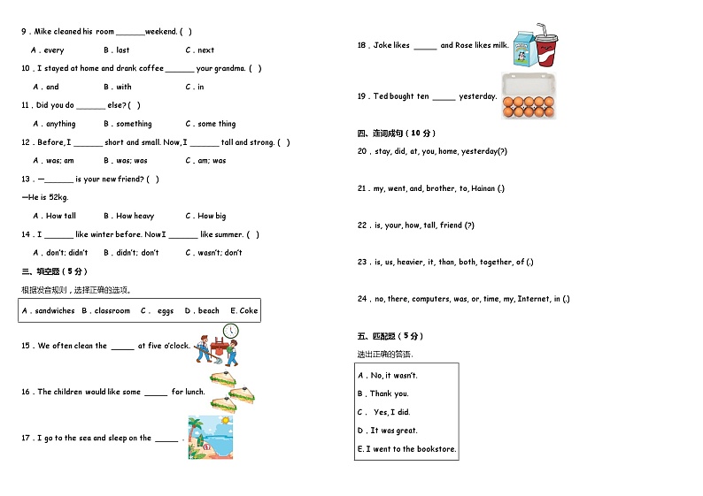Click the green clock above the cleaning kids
point(230,331)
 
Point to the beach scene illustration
point(210,437)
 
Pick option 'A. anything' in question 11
point(55,124)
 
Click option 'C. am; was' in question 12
point(205,161)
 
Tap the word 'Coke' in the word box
point(249,311)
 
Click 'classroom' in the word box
point(112,311)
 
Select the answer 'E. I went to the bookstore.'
point(406,449)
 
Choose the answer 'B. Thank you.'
point(383,393)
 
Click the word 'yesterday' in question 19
point(477,96)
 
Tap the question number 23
point(362,262)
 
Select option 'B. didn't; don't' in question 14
point(131,253)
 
